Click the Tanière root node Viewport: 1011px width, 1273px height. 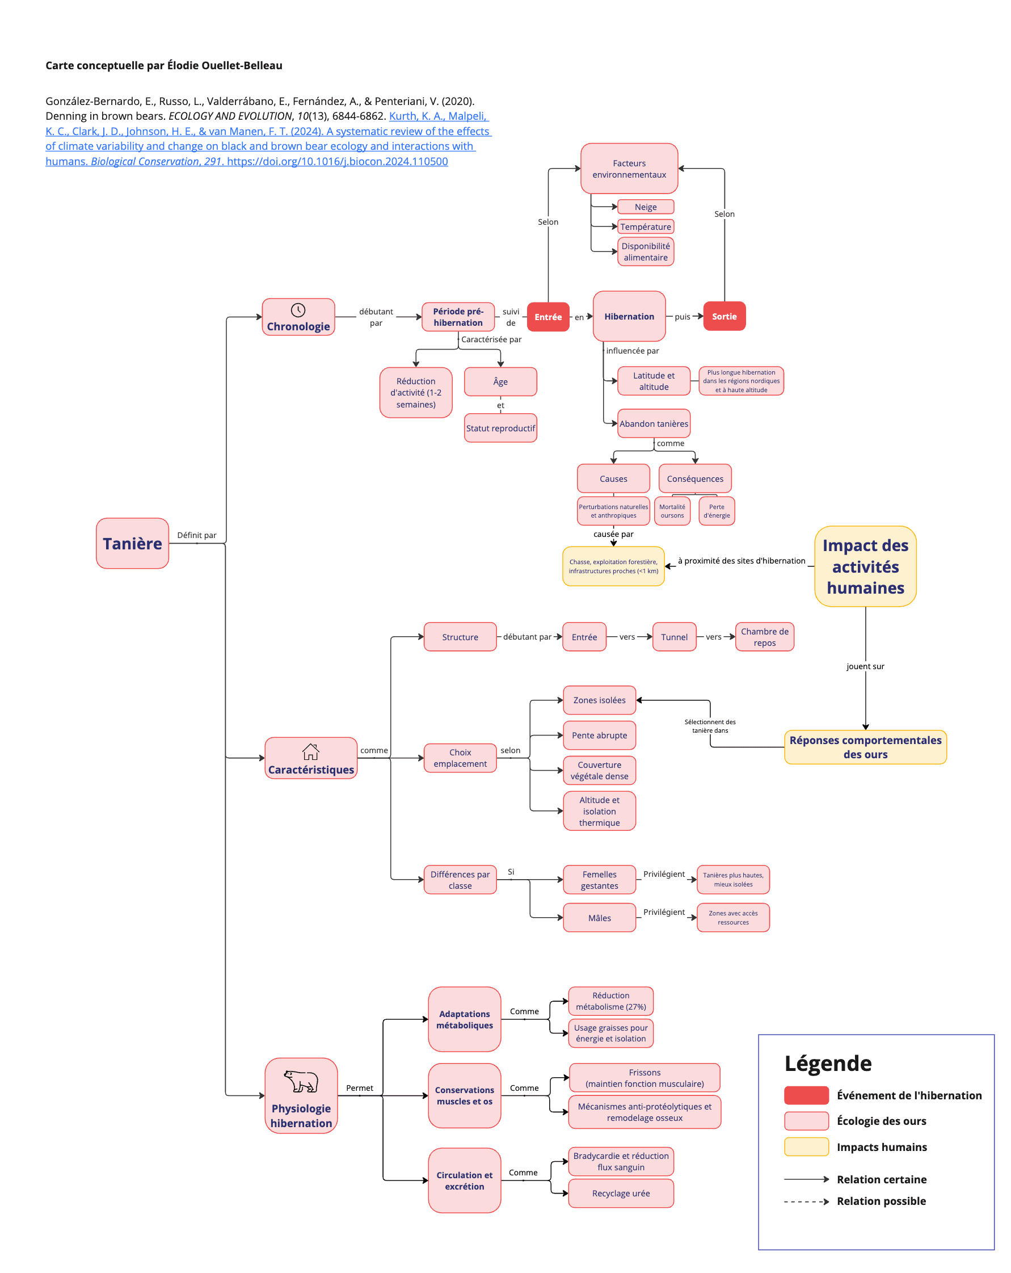pos(132,543)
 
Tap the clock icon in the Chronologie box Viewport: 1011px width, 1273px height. pos(298,310)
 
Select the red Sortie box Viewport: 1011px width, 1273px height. pos(723,317)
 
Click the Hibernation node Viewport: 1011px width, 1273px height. pos(629,317)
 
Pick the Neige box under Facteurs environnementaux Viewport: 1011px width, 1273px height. pos(645,207)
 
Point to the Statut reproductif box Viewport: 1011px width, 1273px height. pos(500,428)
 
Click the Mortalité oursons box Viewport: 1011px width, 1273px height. pos(672,511)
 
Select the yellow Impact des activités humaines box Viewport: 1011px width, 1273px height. pos(865,566)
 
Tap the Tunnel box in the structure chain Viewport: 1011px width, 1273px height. pos(673,637)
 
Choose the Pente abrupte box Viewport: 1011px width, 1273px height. pos(599,735)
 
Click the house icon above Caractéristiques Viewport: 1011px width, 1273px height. pos(310,751)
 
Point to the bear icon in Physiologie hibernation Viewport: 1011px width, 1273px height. pos(301,1081)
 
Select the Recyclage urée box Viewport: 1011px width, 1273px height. pos(620,1194)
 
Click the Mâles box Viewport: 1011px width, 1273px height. pos(599,918)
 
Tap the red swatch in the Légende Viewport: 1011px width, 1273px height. pos(806,1095)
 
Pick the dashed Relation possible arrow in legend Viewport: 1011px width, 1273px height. pos(806,1201)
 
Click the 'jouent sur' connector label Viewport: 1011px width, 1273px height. pos(865,666)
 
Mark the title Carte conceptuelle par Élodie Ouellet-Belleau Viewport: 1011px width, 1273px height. pos(163,65)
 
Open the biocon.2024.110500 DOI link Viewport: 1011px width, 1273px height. pos(337,161)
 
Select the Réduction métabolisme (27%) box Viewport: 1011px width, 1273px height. pos(610,1001)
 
